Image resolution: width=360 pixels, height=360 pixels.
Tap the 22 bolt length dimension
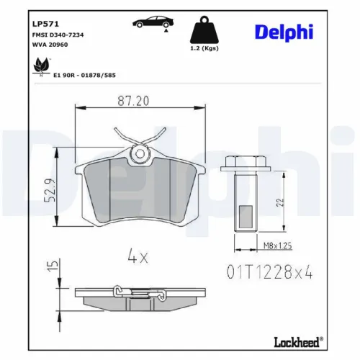(x=282, y=204)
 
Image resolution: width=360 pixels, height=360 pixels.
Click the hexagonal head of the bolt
(x=238, y=165)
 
